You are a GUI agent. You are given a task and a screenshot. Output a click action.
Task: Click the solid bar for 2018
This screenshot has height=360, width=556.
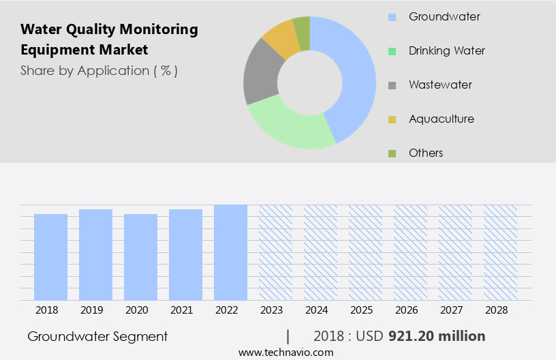pos(51,257)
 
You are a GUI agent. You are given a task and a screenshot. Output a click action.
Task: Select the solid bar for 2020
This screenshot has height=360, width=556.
pos(141,257)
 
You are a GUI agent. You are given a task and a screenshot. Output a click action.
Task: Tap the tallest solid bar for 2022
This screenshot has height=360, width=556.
pos(231,252)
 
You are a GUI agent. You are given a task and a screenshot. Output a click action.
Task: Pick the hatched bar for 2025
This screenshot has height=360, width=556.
pos(366,252)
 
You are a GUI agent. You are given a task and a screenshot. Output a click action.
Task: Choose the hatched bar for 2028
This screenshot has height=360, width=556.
pos(501,252)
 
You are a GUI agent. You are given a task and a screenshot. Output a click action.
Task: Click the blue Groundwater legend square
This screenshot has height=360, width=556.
pos(392,17)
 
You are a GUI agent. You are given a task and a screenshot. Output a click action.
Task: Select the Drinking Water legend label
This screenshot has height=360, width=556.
pos(446,50)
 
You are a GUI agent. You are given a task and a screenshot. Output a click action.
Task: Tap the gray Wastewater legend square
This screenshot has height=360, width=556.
pos(392,85)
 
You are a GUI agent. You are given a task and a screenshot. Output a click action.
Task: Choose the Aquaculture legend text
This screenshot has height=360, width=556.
pos(441,119)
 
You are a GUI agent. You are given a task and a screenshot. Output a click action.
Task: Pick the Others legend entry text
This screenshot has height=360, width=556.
pos(426,153)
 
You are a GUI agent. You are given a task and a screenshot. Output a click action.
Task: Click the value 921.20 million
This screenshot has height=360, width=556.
pos(437,336)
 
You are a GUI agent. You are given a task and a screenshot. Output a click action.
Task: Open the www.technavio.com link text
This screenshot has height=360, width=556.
pos(286,352)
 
